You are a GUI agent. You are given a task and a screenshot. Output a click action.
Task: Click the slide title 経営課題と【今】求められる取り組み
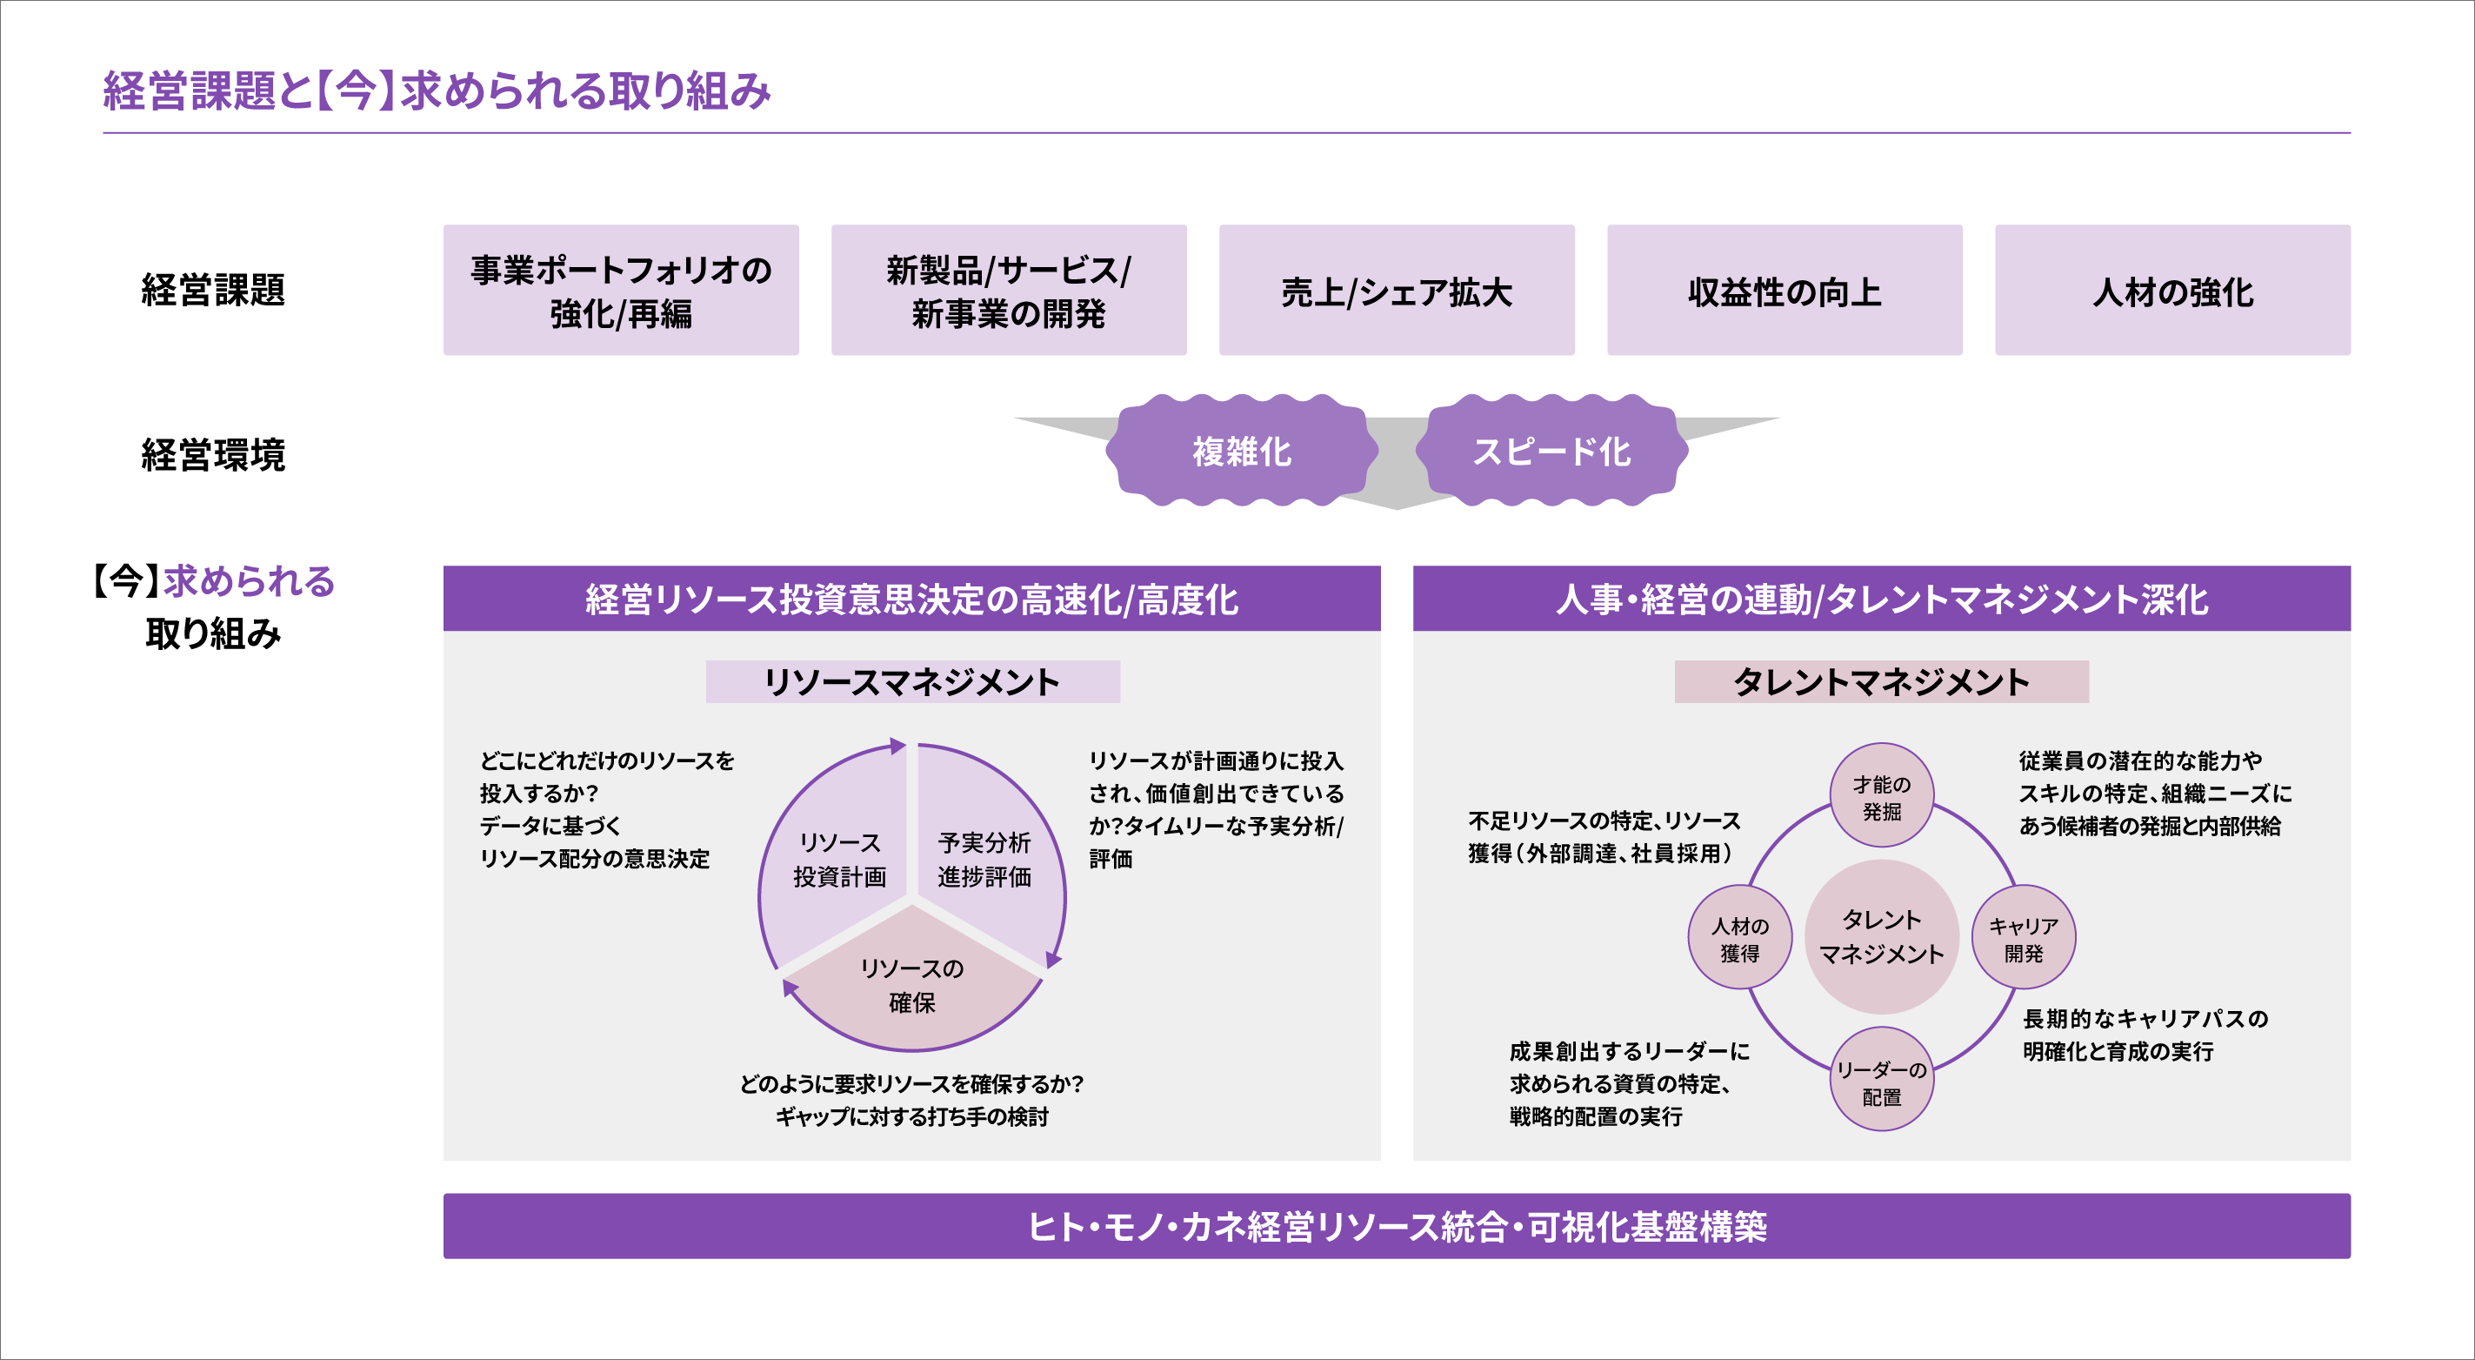point(437,91)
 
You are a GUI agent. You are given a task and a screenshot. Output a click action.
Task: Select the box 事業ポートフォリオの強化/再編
point(621,291)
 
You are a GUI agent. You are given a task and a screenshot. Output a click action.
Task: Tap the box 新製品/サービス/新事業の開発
point(1009,291)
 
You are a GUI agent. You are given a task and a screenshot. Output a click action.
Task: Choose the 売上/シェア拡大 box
point(1396,291)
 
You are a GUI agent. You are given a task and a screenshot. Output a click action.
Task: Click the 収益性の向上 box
point(1785,291)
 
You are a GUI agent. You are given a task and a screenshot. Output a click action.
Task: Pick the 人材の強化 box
point(2172,291)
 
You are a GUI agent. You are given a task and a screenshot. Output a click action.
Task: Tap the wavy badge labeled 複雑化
point(1241,451)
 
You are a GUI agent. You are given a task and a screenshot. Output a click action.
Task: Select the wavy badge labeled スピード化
point(1551,451)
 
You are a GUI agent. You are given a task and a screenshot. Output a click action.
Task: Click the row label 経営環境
point(213,454)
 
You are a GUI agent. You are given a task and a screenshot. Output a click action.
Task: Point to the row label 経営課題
point(213,289)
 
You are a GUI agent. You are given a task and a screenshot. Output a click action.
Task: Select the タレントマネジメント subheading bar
point(1880,681)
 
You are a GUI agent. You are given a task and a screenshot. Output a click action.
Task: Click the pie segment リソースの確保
point(911,985)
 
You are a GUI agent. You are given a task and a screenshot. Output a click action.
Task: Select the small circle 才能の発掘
point(1881,797)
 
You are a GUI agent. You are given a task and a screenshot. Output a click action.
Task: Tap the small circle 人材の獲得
point(1739,938)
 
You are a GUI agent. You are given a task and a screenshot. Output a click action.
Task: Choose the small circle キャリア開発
point(2023,938)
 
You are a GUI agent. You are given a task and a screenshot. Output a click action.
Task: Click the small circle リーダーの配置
point(1881,1082)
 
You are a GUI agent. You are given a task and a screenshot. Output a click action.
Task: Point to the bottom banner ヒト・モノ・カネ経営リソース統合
point(1396,1226)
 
